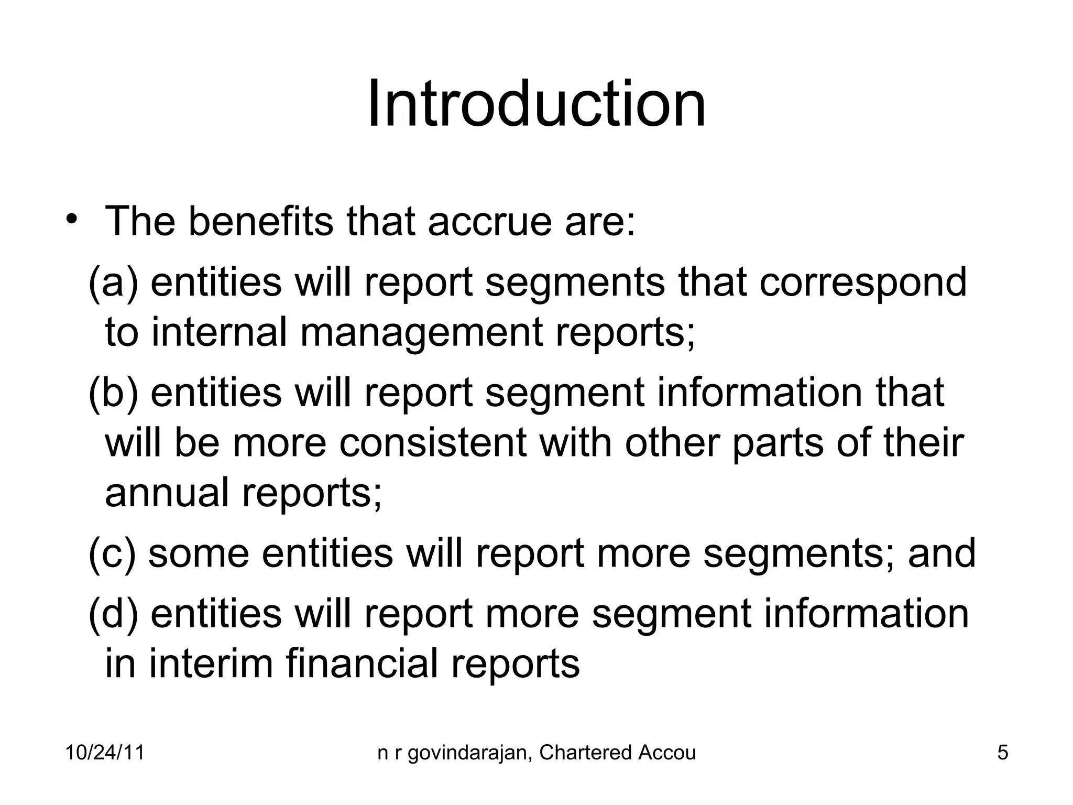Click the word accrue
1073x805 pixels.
(x=490, y=221)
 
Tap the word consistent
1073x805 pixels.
(x=432, y=442)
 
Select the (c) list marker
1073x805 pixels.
(x=112, y=553)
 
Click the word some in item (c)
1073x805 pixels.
(x=199, y=553)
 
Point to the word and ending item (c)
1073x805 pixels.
(x=941, y=553)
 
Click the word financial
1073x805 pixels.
(x=362, y=663)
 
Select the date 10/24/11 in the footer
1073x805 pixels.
(x=105, y=753)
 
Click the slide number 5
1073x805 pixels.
(x=1003, y=753)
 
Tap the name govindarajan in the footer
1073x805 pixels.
(x=467, y=753)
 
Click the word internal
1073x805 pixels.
(x=220, y=332)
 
